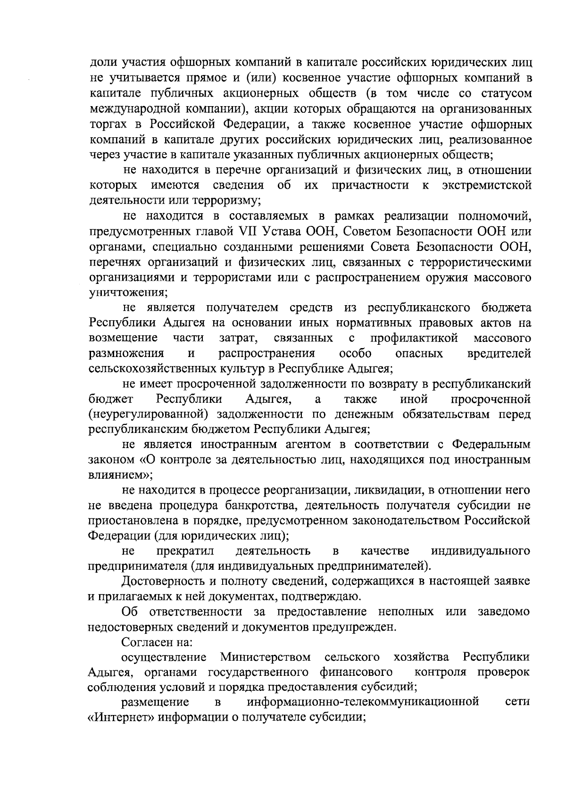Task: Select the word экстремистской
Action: pyautogui.click(x=487, y=185)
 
